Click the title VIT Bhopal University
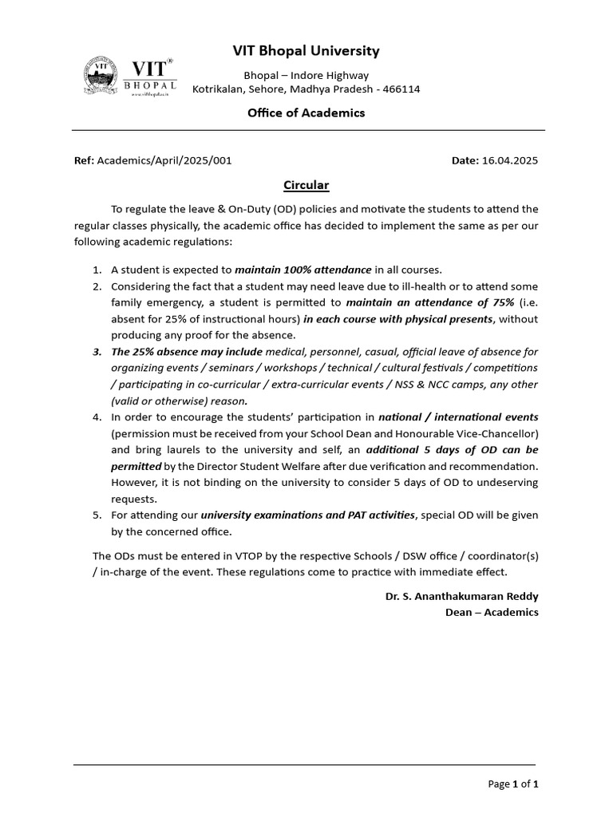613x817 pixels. click(306, 52)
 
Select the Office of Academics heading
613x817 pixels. click(306, 112)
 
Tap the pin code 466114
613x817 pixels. click(401, 89)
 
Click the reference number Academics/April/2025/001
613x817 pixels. click(164, 160)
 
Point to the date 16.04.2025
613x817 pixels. click(510, 160)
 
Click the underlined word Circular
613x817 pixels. click(306, 185)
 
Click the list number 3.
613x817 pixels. click(97, 351)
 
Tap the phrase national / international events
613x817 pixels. click(458, 416)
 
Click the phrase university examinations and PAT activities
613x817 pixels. click(308, 515)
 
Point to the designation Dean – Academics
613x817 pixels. click(492, 612)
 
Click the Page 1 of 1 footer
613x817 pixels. click(512, 784)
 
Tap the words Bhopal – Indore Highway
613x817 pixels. click(306, 75)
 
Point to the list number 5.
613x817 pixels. click(97, 515)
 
